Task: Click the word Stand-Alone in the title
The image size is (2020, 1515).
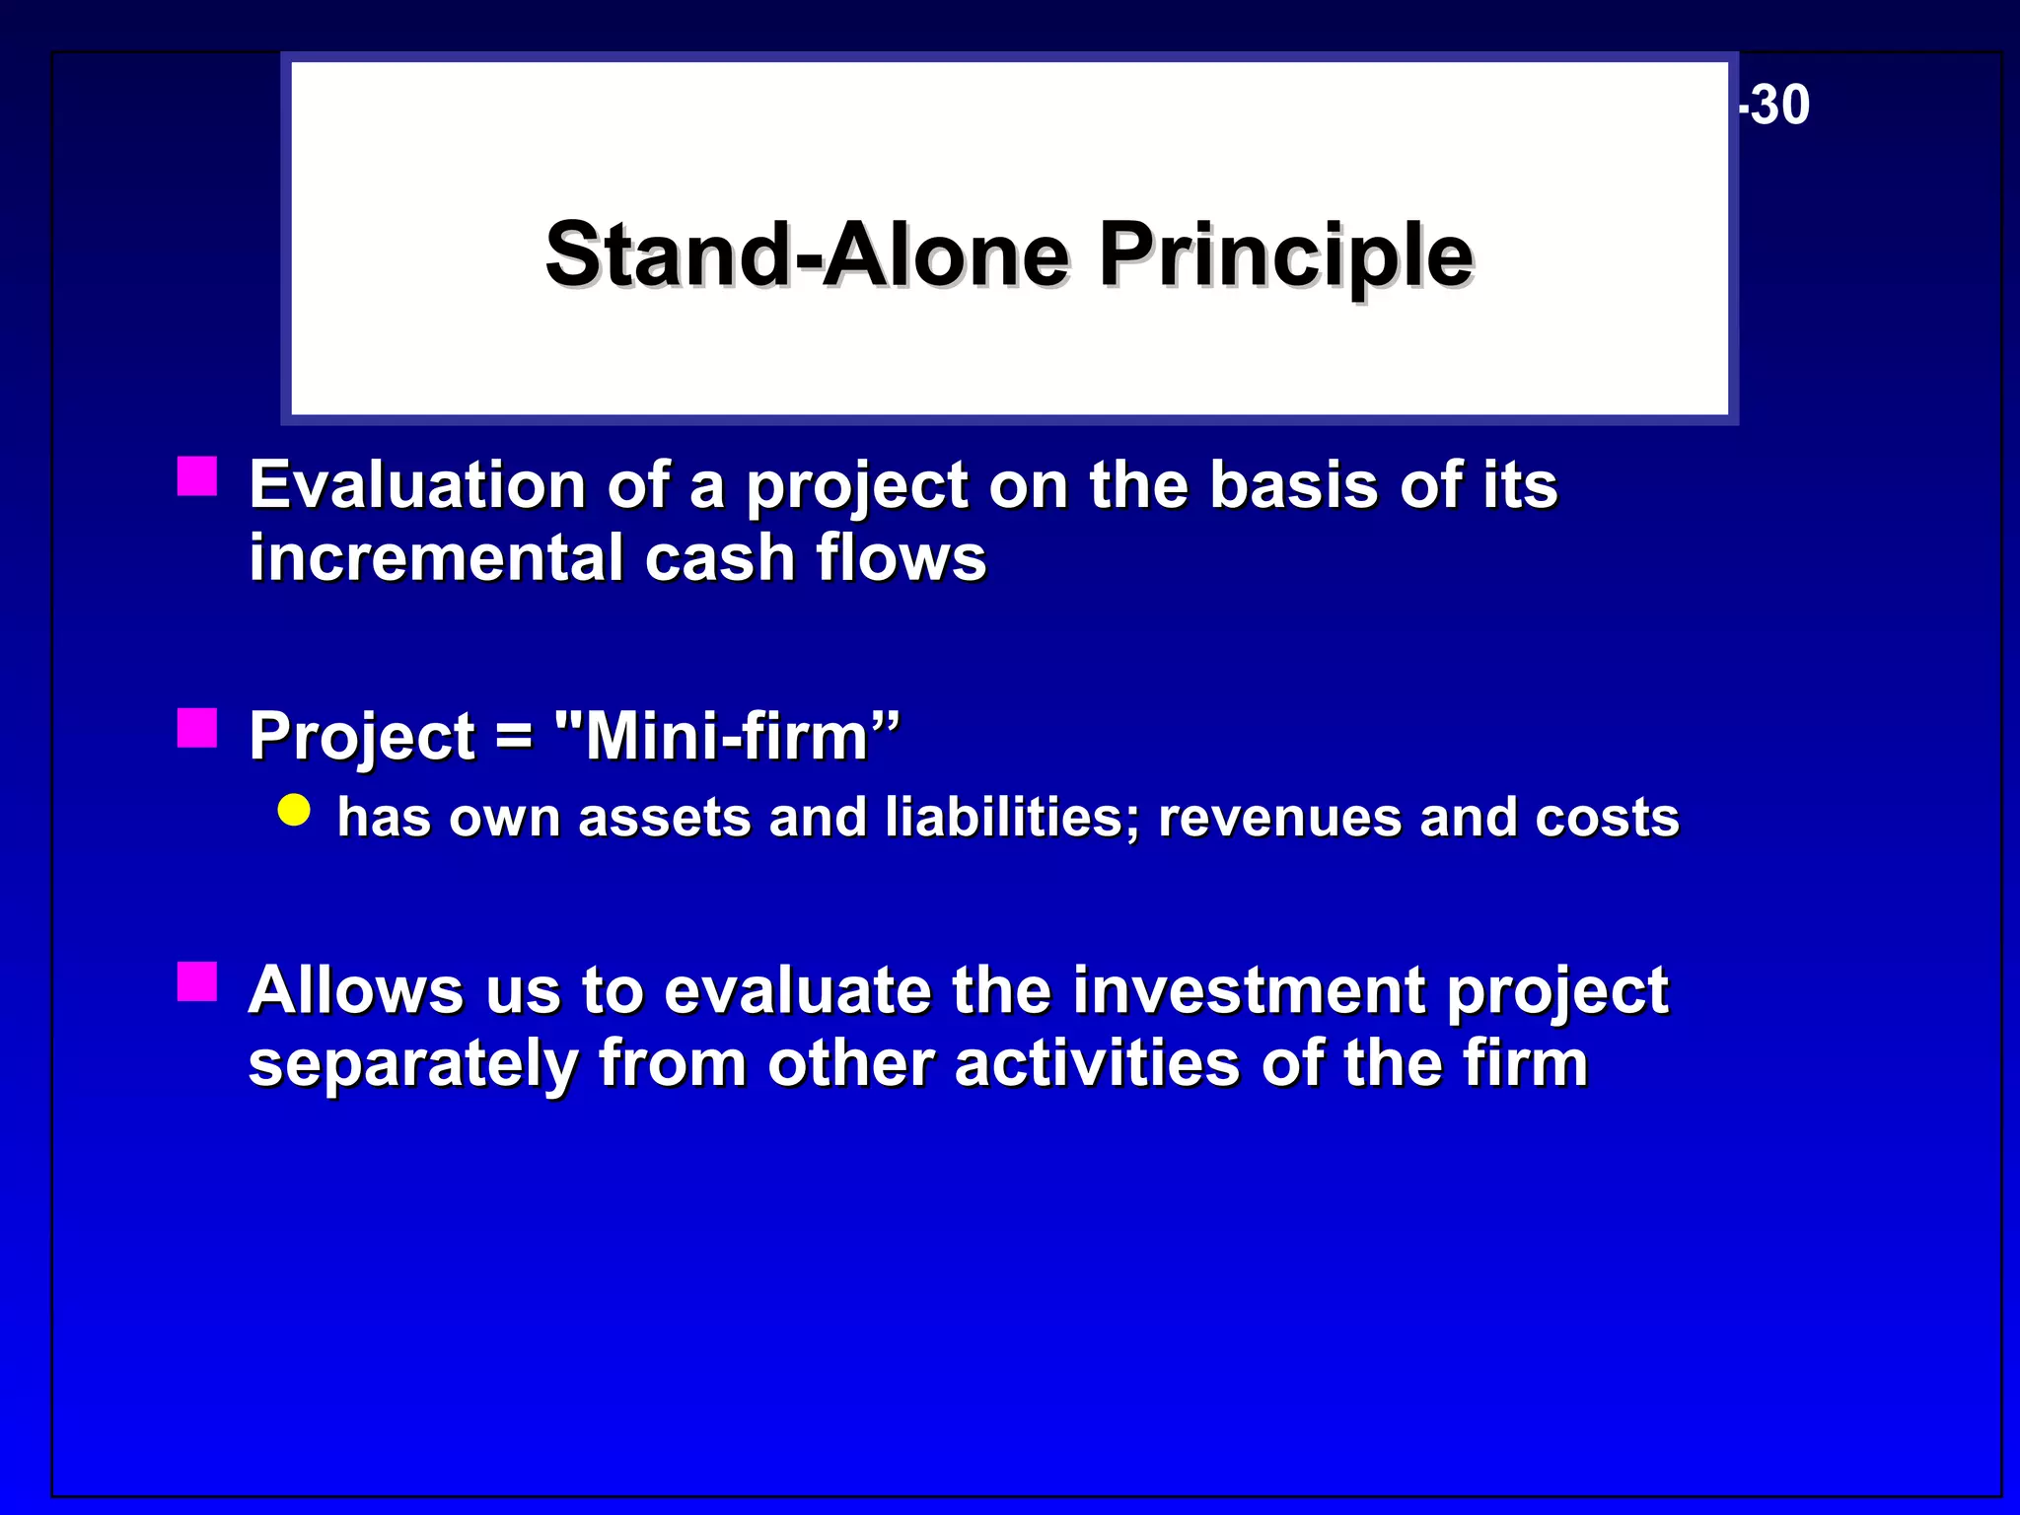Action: pos(807,255)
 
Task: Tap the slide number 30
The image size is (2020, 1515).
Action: pos(1779,106)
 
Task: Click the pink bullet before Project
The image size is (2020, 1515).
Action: pos(197,728)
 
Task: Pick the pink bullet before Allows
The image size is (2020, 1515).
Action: pos(197,981)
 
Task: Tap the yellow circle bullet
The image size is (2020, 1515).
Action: pos(294,811)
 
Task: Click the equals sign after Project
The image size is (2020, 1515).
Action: pos(514,737)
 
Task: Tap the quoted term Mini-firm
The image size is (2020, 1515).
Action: pos(727,737)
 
